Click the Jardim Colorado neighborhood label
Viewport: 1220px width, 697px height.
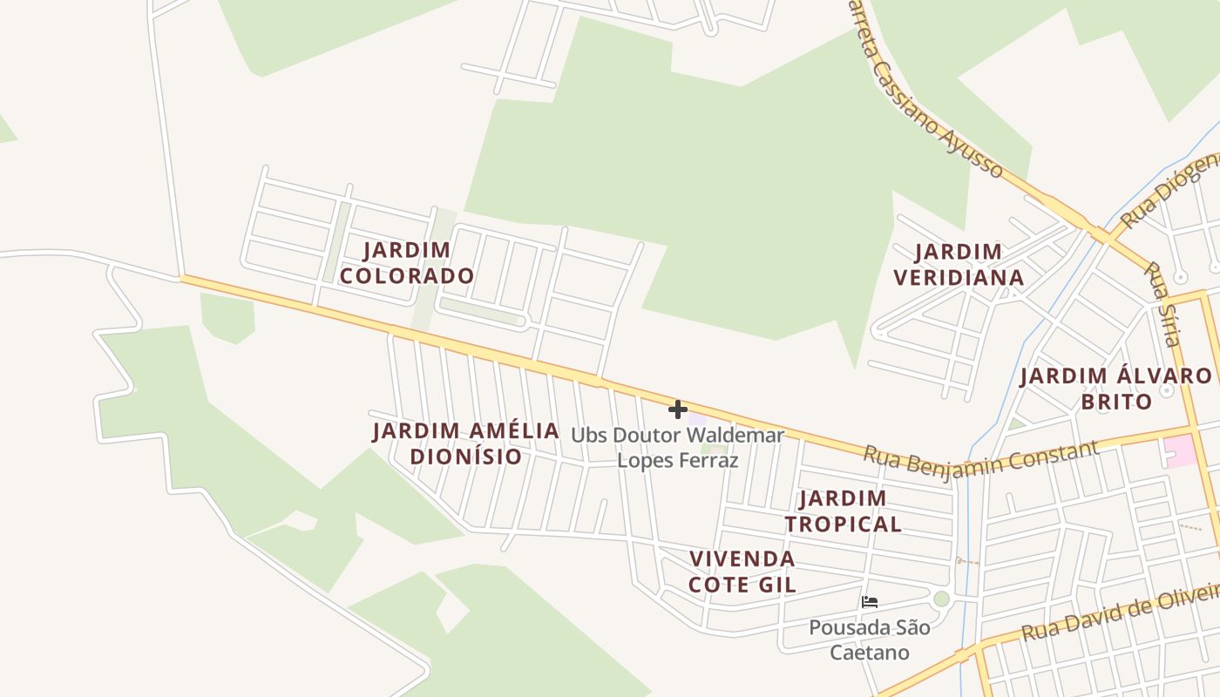pos(407,263)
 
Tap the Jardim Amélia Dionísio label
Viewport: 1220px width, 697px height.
pos(466,443)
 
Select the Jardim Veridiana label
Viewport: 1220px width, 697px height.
pos(959,265)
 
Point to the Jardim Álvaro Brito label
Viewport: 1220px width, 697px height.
pos(1116,389)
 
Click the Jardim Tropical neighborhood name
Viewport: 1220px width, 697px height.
pos(843,511)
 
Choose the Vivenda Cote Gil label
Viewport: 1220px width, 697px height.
pos(742,572)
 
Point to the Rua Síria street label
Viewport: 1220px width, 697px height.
pos(1162,305)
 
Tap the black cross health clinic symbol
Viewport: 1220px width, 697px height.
pos(678,409)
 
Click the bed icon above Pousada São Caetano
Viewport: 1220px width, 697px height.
pos(869,602)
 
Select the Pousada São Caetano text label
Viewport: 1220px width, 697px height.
pos(870,640)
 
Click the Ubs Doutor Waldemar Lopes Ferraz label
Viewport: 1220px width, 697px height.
pos(678,448)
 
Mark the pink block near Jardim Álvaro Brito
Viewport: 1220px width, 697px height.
pos(1180,450)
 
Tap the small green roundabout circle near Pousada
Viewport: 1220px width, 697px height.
pos(940,599)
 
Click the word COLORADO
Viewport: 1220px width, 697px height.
pos(407,276)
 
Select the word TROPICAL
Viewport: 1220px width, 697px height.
pos(843,524)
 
